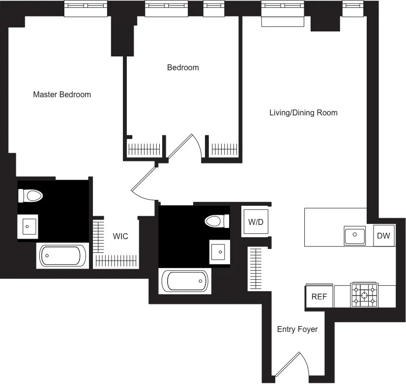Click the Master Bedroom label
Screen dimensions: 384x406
coord(62,94)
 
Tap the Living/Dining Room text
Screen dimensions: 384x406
coord(303,112)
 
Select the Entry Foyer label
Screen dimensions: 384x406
coord(297,329)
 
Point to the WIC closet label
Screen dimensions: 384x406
coord(120,236)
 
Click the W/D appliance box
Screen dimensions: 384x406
coord(255,222)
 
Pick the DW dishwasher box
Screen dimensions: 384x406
coord(383,236)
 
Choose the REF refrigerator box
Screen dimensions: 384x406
coord(319,297)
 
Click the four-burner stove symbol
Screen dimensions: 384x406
coord(364,295)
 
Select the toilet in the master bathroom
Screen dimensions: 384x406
coord(31,196)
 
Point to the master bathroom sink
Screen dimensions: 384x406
coord(28,226)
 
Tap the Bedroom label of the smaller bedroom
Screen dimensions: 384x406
coord(183,67)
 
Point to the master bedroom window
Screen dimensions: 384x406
coord(86,8)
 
